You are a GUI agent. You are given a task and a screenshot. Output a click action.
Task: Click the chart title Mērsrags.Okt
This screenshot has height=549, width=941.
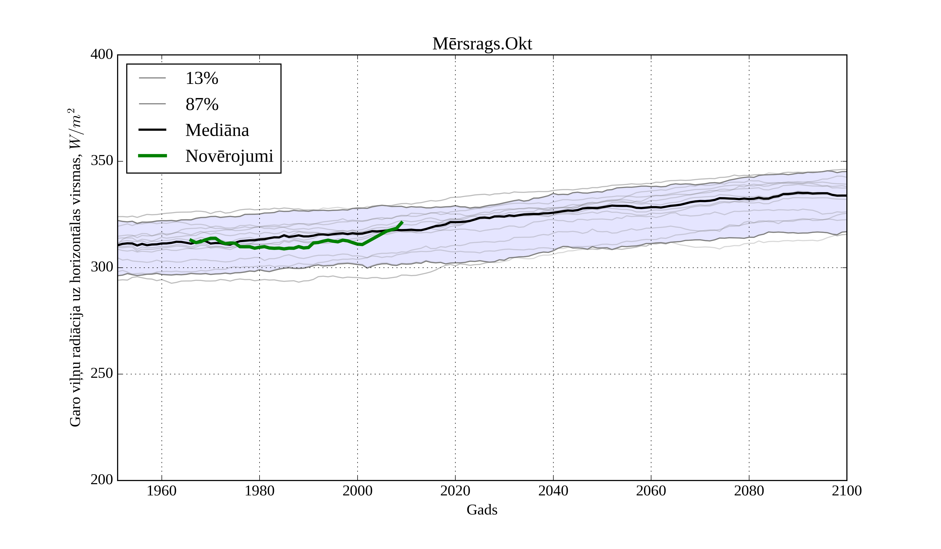pos(482,44)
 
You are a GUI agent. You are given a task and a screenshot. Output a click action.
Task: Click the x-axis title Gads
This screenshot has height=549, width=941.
pos(482,510)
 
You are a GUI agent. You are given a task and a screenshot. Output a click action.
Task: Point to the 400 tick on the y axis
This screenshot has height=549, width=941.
pos(102,55)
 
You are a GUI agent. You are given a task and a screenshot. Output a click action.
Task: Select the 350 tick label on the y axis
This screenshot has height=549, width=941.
pos(102,161)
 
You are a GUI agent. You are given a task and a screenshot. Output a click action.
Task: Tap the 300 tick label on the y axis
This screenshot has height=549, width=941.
pos(102,267)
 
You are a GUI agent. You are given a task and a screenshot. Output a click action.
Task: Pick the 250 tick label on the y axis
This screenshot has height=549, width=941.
pos(102,374)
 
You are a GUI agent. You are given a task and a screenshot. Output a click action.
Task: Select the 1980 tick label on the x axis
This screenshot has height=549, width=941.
pos(260,491)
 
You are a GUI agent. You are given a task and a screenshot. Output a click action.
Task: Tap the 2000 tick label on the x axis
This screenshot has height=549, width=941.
pos(357,491)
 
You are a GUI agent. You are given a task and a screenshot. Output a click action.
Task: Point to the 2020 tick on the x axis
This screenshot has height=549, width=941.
pos(455,491)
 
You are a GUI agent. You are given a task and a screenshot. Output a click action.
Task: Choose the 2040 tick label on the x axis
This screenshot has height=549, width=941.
pos(553,491)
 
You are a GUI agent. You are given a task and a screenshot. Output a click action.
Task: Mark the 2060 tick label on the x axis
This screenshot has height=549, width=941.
pos(651,491)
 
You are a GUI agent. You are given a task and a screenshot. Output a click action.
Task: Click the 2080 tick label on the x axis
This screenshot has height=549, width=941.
pos(749,491)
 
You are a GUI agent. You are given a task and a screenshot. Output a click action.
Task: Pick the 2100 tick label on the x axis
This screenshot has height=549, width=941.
pos(847,491)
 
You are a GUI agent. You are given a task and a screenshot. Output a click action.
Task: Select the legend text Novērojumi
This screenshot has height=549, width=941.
pos(229,156)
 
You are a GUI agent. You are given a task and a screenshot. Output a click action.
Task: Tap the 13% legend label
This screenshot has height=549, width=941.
pos(202,78)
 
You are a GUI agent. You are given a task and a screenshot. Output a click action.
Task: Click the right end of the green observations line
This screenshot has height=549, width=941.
pos(402,222)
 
